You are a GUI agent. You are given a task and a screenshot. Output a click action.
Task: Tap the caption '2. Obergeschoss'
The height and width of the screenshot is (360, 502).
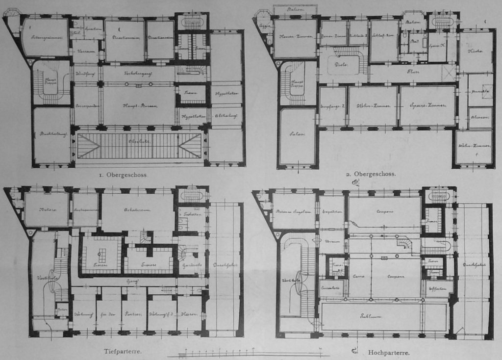tap(371, 174)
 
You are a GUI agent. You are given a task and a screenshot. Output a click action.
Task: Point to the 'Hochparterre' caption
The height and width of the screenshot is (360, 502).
tap(388, 352)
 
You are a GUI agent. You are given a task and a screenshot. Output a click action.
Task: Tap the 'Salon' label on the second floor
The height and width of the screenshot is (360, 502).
tap(297, 134)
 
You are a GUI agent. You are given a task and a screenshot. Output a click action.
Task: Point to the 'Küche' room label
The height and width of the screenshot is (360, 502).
tap(475, 51)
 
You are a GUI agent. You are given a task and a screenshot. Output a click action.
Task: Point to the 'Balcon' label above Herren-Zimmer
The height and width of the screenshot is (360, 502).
tap(295, 10)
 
